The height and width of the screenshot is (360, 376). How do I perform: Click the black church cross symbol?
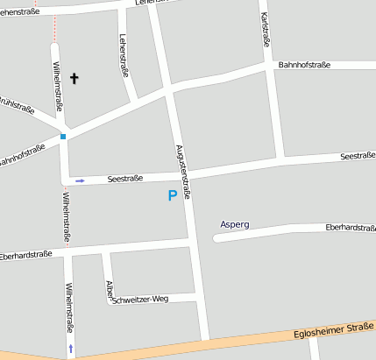[x=74, y=79]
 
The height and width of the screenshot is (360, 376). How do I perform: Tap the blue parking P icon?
[x=173, y=196]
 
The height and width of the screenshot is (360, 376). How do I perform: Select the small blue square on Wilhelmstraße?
[x=63, y=137]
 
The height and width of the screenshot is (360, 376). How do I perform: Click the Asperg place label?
[x=235, y=224]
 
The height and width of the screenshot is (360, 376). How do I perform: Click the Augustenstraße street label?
[x=182, y=173]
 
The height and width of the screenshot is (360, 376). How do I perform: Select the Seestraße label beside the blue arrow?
[x=124, y=178]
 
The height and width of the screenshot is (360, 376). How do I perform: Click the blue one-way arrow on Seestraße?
[x=80, y=180]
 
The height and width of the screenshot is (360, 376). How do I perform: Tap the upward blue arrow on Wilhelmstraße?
[x=71, y=349]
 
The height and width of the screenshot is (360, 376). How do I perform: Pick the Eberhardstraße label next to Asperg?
[x=350, y=227]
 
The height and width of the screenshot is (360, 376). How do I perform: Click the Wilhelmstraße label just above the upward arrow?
[x=69, y=307]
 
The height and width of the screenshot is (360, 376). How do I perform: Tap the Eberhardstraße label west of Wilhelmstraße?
[x=25, y=257]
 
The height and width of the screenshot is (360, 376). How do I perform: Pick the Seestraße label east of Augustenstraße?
[x=357, y=156]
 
